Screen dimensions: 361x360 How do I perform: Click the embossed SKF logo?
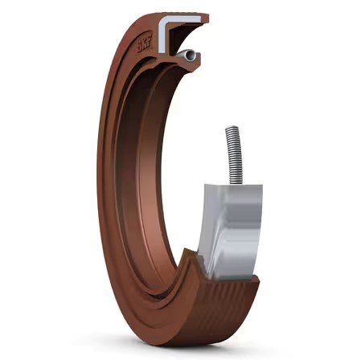[145, 43]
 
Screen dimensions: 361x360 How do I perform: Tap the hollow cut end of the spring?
[191, 55]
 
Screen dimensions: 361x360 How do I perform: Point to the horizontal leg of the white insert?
[183, 19]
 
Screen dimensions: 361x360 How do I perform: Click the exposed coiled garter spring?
[235, 155]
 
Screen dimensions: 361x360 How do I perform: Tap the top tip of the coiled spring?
[232, 126]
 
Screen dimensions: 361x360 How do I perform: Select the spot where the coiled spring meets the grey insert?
[236, 184]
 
